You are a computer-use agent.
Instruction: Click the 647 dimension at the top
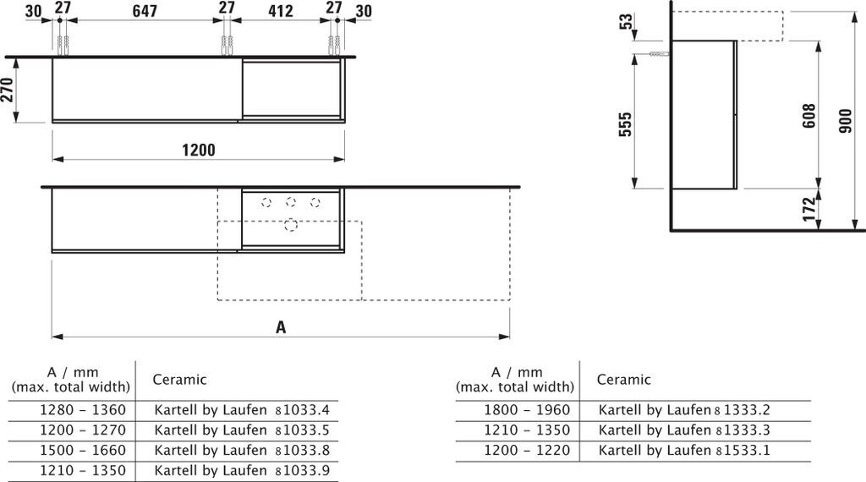point(145,10)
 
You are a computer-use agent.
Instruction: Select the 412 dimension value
point(280,10)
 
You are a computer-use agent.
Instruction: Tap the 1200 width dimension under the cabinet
point(199,150)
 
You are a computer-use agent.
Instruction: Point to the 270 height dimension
point(7,90)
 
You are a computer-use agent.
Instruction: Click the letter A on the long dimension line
point(281,327)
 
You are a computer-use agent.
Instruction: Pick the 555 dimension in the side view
point(625,125)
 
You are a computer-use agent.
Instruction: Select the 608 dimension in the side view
point(808,116)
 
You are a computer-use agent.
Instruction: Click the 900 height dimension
point(845,120)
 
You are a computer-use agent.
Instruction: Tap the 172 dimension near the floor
point(808,209)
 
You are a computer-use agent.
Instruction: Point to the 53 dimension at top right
point(626,21)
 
